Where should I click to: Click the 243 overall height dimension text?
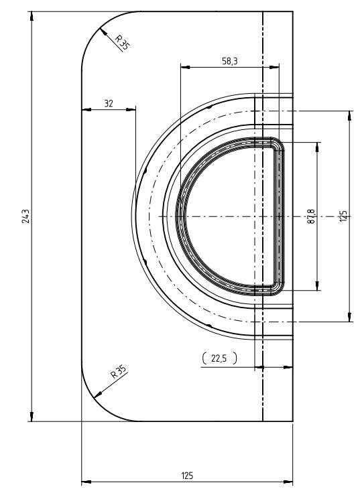click(x=25, y=216)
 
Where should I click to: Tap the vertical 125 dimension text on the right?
click(x=343, y=216)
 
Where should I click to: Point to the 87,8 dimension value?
click(x=310, y=216)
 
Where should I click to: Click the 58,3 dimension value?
click(x=229, y=61)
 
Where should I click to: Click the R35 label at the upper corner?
click(x=122, y=42)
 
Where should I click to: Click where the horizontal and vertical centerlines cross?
click(x=262, y=216)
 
